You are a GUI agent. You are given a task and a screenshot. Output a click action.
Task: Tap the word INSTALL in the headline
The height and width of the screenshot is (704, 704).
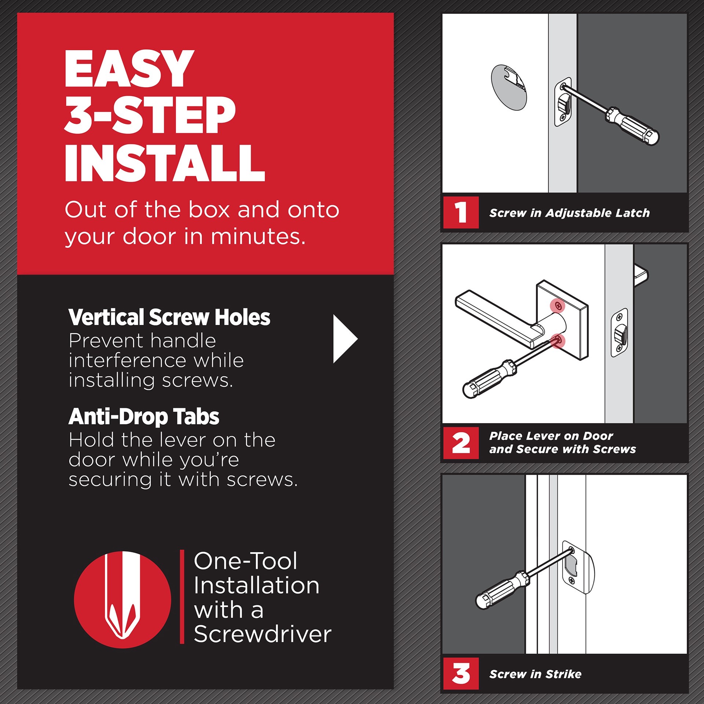165,163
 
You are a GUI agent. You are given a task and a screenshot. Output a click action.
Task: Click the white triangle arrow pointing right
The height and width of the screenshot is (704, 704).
344,339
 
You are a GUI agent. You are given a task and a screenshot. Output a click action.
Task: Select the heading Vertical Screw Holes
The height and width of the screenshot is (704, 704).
169,317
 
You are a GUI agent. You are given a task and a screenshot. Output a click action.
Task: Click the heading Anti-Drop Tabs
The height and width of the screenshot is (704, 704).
144,417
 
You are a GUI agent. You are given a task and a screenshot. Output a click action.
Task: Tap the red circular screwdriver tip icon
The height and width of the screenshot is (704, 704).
122,599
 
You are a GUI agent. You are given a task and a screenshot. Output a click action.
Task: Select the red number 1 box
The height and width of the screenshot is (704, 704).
461,213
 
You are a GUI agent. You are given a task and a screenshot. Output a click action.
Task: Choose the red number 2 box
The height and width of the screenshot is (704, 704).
461,443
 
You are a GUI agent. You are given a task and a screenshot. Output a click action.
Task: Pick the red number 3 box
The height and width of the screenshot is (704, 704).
461,674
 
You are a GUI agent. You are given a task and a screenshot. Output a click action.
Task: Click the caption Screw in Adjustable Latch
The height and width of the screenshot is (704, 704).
569,213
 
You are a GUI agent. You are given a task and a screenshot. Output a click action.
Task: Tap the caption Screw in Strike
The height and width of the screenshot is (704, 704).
535,674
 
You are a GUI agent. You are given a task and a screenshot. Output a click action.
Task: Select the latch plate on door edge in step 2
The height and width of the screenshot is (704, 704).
619,333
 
